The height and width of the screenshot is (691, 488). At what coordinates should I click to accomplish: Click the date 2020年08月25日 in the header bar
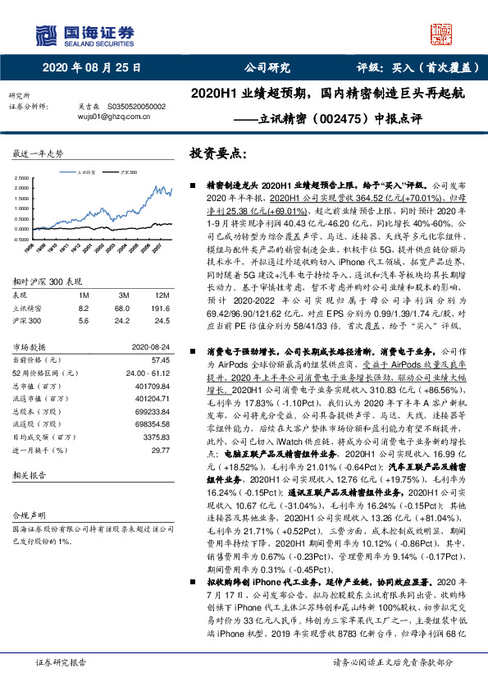click(x=92, y=68)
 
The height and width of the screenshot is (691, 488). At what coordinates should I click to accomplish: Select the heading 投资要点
click(x=218, y=153)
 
